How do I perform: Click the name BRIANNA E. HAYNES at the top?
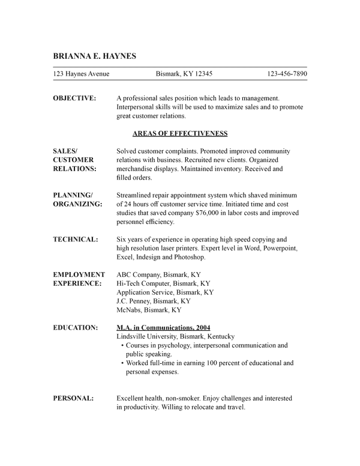click(95, 56)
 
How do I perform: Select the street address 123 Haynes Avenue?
click(81, 74)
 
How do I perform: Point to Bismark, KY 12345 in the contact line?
click(184, 74)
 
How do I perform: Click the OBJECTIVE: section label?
click(74, 98)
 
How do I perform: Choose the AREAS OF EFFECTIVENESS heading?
click(180, 133)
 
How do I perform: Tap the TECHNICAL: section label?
click(76, 239)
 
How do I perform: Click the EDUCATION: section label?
click(76, 328)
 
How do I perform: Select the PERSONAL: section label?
click(73, 398)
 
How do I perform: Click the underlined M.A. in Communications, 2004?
click(163, 328)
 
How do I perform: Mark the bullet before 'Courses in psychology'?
click(122, 346)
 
